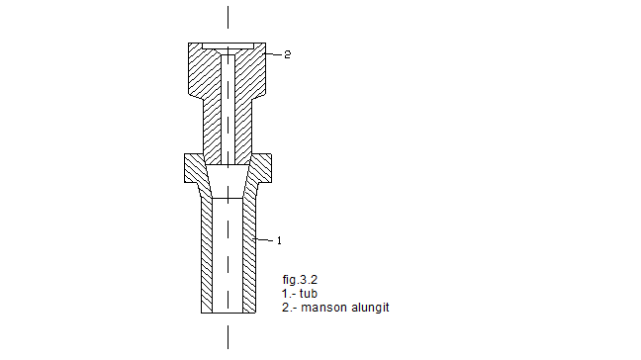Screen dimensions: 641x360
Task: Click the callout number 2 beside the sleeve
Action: click(288, 54)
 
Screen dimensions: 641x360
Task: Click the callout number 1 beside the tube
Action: click(279, 240)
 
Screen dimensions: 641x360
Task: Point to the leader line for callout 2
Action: click(272, 54)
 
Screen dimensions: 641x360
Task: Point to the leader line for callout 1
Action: click(263, 239)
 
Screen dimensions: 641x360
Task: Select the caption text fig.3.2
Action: click(300, 280)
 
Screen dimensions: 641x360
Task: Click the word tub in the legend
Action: click(309, 294)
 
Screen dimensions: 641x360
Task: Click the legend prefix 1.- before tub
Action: click(289, 294)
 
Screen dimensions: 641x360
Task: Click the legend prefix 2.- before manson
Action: click(289, 308)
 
